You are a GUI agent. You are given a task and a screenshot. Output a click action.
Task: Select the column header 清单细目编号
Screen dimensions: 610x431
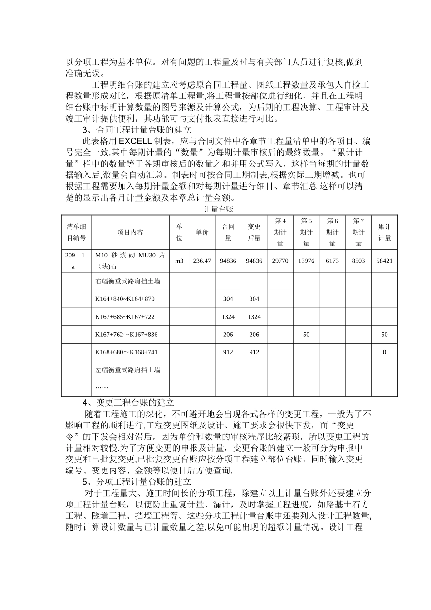(x=76, y=232)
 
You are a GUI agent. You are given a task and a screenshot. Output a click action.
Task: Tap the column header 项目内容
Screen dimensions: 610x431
(x=130, y=232)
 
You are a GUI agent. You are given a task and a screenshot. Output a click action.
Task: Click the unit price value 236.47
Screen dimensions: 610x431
(x=202, y=261)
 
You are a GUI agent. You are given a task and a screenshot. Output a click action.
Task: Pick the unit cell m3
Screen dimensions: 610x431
(x=179, y=261)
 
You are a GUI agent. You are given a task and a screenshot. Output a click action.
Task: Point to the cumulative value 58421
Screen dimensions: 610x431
(x=384, y=261)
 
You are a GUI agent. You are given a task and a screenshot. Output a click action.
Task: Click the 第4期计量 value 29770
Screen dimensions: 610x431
(x=280, y=261)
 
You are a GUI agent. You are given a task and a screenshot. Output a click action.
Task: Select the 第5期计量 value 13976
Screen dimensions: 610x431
(x=306, y=261)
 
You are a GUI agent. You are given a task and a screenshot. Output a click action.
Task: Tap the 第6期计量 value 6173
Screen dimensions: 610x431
(x=332, y=261)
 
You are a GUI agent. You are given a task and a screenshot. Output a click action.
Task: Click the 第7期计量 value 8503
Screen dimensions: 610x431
(x=358, y=261)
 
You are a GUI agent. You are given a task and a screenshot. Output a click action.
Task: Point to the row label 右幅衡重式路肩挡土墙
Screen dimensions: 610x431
(x=127, y=281)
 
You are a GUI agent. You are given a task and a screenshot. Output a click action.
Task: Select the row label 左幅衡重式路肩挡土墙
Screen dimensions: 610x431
(x=127, y=370)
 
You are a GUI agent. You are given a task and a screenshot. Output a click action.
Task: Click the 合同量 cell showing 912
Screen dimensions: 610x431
(x=228, y=352)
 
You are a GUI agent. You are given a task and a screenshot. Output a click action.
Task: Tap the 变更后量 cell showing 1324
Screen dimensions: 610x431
(x=254, y=317)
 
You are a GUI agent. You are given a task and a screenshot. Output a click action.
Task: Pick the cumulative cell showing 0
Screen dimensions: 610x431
(x=384, y=352)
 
